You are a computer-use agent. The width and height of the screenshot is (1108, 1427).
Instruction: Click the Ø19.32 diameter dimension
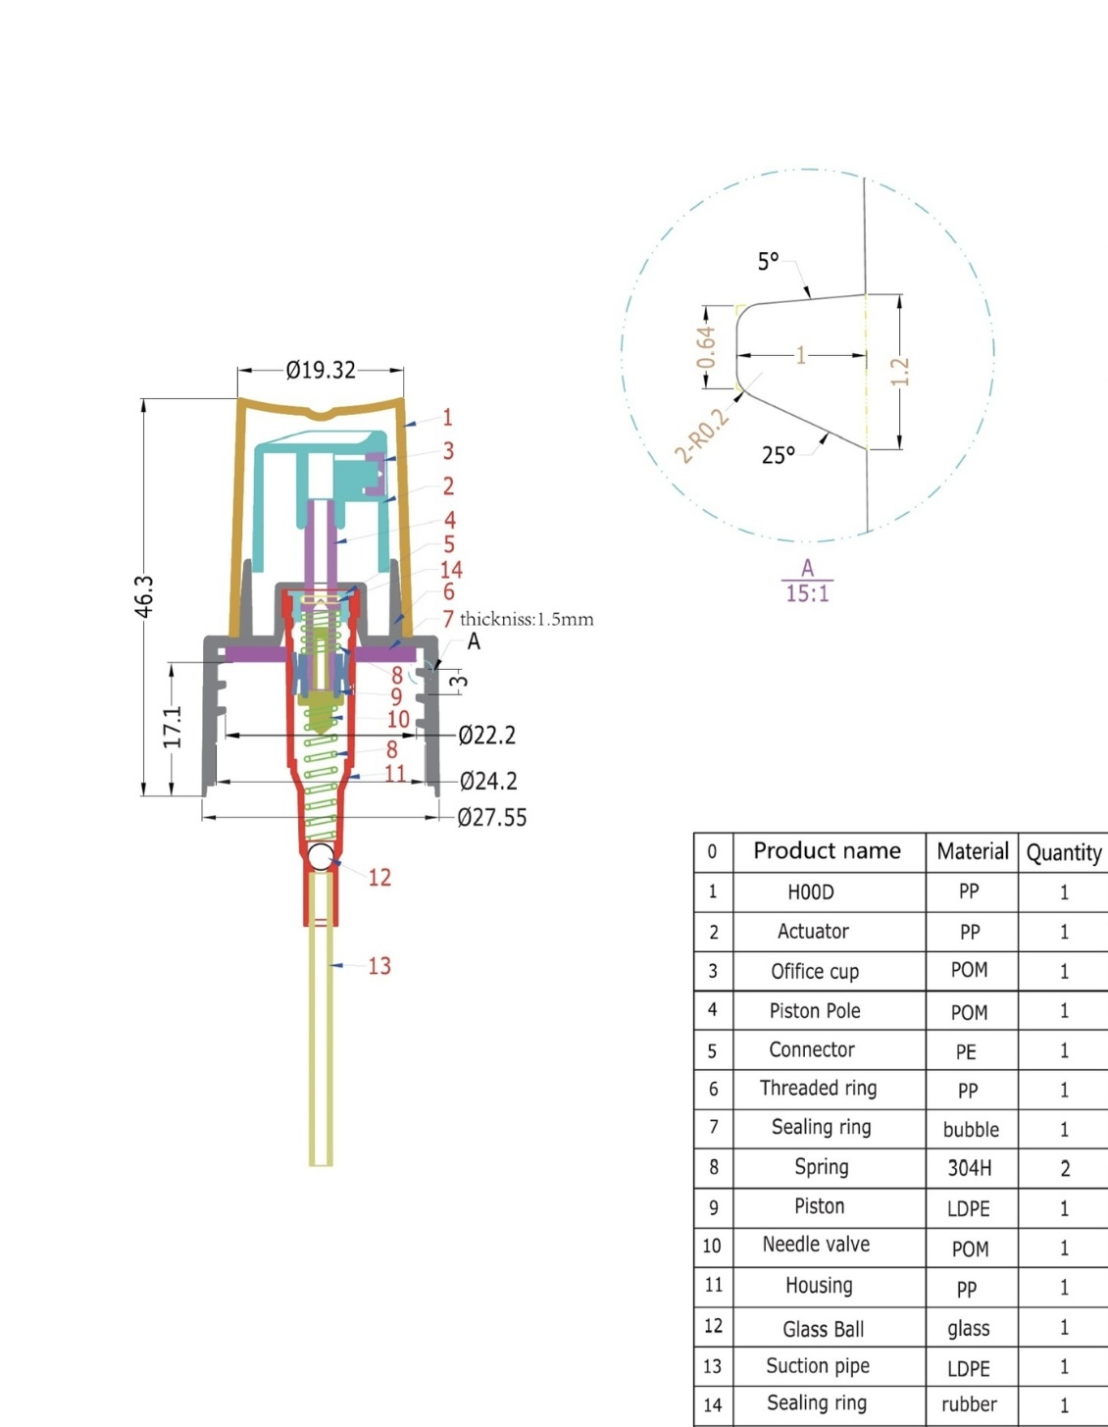click(321, 370)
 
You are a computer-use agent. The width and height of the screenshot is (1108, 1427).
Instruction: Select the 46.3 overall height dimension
click(144, 597)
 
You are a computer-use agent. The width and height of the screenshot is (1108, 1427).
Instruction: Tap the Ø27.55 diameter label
click(492, 817)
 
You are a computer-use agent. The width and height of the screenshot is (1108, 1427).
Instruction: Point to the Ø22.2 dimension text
click(487, 735)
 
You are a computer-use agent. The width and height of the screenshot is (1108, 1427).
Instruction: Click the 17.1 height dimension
click(173, 727)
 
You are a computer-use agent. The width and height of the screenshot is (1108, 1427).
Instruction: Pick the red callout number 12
click(379, 877)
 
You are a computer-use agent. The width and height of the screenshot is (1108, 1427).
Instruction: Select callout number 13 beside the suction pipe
click(379, 966)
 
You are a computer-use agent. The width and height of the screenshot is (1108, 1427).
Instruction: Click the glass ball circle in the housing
click(321, 856)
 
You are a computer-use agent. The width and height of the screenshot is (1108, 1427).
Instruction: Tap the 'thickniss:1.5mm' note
click(527, 619)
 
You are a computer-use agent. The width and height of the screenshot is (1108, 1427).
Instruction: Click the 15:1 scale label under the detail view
click(807, 593)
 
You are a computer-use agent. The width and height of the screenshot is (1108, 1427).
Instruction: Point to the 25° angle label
click(779, 455)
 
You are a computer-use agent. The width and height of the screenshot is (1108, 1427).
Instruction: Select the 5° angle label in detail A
click(768, 261)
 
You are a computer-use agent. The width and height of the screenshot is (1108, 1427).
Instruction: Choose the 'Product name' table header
click(827, 850)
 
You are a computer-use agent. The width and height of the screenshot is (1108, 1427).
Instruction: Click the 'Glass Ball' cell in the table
click(824, 1329)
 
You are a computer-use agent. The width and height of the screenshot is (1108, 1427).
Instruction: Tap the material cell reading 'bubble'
click(971, 1129)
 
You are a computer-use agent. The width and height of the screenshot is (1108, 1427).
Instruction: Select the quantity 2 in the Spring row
click(1065, 1168)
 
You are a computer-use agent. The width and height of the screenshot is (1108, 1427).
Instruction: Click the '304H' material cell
click(969, 1168)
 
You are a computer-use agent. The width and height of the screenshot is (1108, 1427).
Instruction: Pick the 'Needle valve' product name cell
click(816, 1245)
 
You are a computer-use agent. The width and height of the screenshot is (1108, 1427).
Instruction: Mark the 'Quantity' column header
click(1064, 852)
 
